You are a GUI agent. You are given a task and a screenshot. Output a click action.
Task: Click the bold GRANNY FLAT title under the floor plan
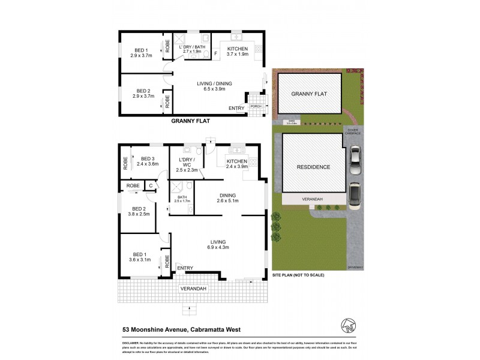[x=191, y=121]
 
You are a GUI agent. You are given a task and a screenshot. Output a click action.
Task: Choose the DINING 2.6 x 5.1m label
[x=227, y=198]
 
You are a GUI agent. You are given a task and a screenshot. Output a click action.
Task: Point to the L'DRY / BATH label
[x=195, y=49]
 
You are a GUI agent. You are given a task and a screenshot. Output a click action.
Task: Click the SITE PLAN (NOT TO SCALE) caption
[x=298, y=274]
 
